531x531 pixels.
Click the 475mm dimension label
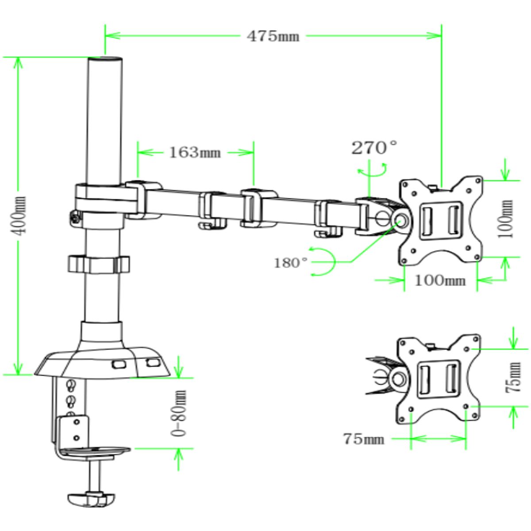273,36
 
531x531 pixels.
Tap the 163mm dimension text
195,153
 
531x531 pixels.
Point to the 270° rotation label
374,148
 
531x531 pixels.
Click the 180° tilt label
291,263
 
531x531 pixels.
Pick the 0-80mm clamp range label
179,413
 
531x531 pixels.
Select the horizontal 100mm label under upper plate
440,280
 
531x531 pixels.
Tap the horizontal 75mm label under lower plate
363,439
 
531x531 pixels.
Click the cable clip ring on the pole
98,264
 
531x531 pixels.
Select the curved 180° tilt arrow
325,262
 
